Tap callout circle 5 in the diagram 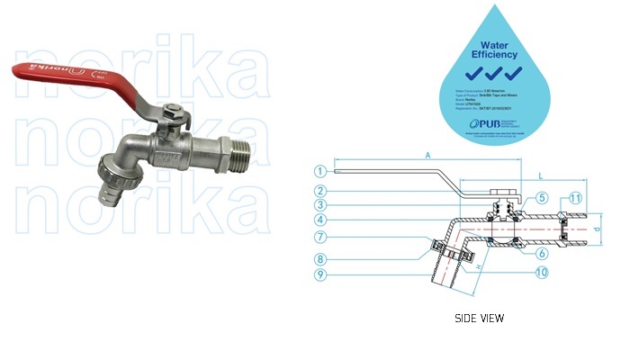tap(544, 197)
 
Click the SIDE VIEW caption tap(479, 318)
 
